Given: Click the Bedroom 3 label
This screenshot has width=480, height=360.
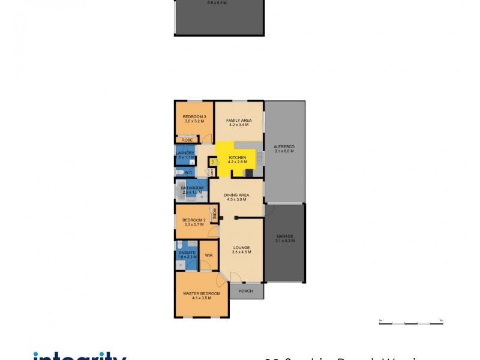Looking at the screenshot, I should coord(194,117).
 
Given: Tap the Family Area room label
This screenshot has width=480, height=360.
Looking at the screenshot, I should coord(239,121).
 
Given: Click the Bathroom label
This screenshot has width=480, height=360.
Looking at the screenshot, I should coord(193,188).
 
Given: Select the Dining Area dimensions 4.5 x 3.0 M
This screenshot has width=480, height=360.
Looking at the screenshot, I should coord(236,199).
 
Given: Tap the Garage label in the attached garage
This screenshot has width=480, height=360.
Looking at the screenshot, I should coord(284,236).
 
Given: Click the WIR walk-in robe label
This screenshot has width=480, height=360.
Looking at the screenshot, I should coord(208,255).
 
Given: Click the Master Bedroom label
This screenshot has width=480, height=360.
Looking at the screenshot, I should coord(201,293).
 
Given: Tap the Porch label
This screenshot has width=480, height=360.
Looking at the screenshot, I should coord(246,292).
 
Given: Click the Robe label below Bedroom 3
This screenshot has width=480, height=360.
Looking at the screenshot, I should coord(187,140).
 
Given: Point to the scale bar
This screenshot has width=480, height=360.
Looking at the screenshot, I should coord(410,323).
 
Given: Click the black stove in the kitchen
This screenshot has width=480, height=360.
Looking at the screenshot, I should coord(249,173).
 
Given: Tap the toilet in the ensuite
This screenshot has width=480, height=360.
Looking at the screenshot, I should coord(180,245).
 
